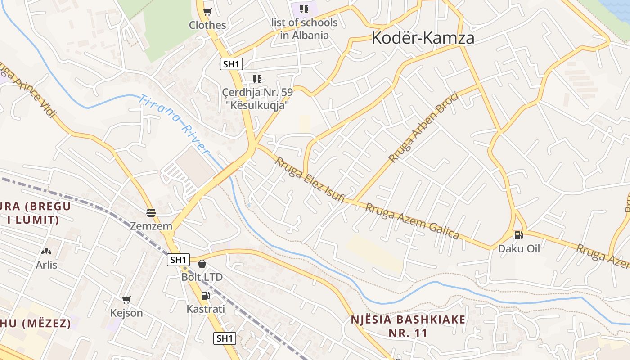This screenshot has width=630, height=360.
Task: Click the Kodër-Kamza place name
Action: [x=423, y=38]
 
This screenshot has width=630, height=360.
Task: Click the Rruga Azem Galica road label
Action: [x=412, y=221]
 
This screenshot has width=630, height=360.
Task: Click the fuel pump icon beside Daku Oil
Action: [x=518, y=235]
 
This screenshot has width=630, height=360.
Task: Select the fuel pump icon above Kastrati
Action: [x=205, y=296]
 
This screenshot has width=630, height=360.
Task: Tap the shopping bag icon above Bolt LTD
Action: [x=202, y=263]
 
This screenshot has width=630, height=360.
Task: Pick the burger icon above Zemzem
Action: [x=151, y=212]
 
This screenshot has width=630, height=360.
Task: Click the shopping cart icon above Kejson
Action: [x=126, y=300]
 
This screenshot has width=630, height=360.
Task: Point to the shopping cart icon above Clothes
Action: [x=207, y=12]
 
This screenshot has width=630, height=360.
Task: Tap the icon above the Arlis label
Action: [x=46, y=252]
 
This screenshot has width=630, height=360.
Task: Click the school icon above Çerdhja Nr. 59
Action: [x=257, y=80]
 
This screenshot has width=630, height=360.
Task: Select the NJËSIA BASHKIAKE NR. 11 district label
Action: [x=408, y=326]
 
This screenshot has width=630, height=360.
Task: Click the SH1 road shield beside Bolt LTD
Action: [x=178, y=260]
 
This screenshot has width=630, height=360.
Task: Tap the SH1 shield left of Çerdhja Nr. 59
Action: [x=231, y=64]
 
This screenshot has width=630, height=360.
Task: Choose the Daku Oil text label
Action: [x=518, y=248]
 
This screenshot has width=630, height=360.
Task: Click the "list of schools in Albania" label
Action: [x=304, y=28]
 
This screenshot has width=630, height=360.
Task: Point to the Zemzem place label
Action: [x=151, y=226]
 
